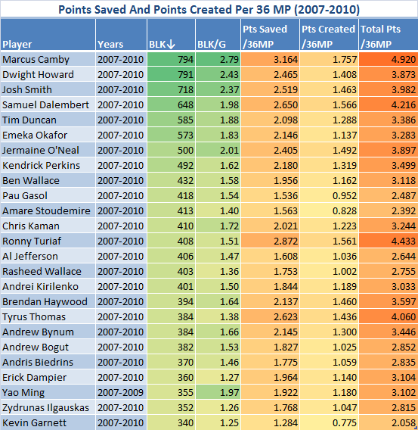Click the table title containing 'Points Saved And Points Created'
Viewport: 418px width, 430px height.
coord(209,10)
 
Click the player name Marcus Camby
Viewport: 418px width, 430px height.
coord(36,60)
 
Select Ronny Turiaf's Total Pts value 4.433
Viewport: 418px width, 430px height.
coord(404,241)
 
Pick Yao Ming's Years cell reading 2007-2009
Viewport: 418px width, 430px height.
coord(120,392)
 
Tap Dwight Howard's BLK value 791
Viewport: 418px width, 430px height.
coord(186,75)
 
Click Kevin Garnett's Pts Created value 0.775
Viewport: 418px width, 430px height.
coord(345,422)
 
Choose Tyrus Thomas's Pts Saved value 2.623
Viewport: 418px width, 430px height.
coord(286,316)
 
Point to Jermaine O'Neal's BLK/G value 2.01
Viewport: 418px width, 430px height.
coord(229,151)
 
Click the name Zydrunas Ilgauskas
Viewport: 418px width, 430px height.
coord(45,407)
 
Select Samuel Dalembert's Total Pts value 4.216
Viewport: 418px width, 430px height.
coord(404,104)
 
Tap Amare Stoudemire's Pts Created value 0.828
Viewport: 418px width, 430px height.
coord(345,211)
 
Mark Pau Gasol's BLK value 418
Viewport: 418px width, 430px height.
coord(186,195)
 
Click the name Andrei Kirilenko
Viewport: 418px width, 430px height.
coord(41,287)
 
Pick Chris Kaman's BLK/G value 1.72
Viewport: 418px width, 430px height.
coord(229,226)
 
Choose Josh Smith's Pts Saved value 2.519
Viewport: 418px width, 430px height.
coord(286,89)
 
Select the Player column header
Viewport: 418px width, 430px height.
coord(17,44)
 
